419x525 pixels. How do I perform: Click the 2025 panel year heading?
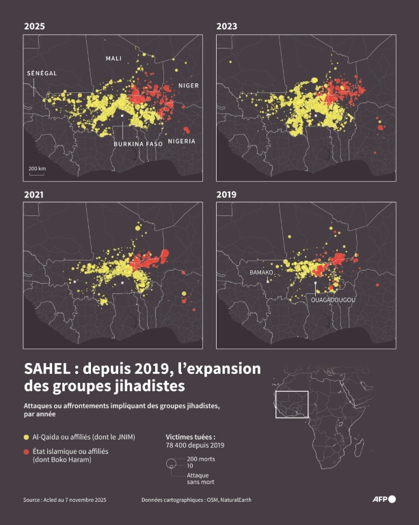pos(33,26)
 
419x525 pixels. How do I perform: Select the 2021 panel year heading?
pos(33,195)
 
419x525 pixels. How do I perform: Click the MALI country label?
pos(113,59)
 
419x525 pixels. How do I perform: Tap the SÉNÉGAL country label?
pos(41,73)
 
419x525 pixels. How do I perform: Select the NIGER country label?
pos(188,85)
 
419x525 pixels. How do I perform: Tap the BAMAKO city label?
pos(262,272)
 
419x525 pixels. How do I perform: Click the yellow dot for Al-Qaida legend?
pos(27,436)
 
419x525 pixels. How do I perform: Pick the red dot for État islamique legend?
pos(27,452)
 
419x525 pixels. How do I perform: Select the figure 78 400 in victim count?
pos(179,445)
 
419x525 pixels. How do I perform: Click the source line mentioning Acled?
pos(64,500)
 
